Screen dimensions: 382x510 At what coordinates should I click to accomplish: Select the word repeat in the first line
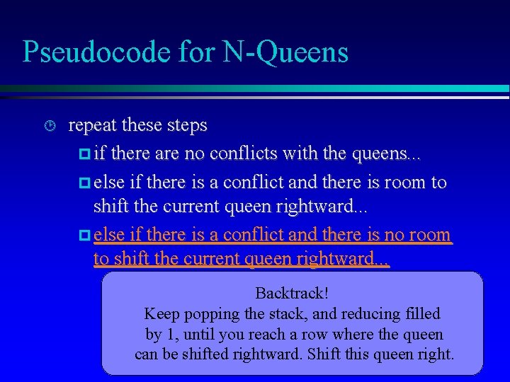pyautogui.click(x=93, y=126)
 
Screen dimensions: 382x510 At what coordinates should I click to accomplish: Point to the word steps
pyautogui.click(x=187, y=126)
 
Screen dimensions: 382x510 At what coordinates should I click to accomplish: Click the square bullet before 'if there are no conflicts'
pyautogui.click(x=84, y=154)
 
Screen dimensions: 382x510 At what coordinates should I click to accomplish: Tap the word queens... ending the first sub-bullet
pyautogui.click(x=395, y=153)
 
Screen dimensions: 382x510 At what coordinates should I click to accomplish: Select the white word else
pyautogui.click(x=108, y=183)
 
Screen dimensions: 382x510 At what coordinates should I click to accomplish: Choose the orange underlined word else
pyautogui.click(x=108, y=234)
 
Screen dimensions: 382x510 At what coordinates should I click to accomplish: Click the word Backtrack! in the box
pyautogui.click(x=292, y=293)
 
